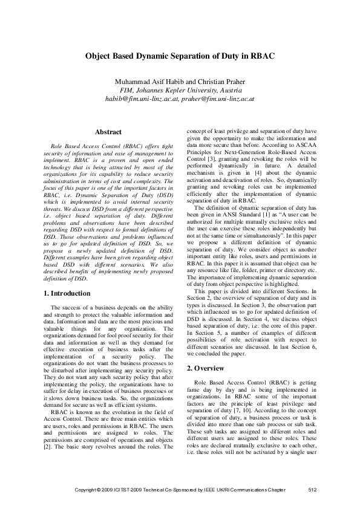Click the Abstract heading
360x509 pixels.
(108, 132)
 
